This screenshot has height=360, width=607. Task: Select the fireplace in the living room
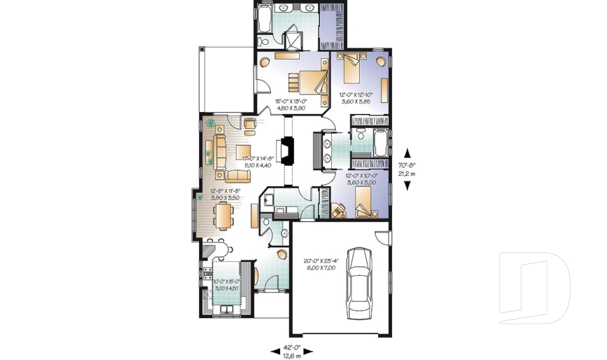pos(288,151)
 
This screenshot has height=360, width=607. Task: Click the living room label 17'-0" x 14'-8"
pos(257,162)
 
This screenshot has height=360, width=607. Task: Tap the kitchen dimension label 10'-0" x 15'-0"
pos(226,285)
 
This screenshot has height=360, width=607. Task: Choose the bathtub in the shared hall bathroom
pos(379,142)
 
